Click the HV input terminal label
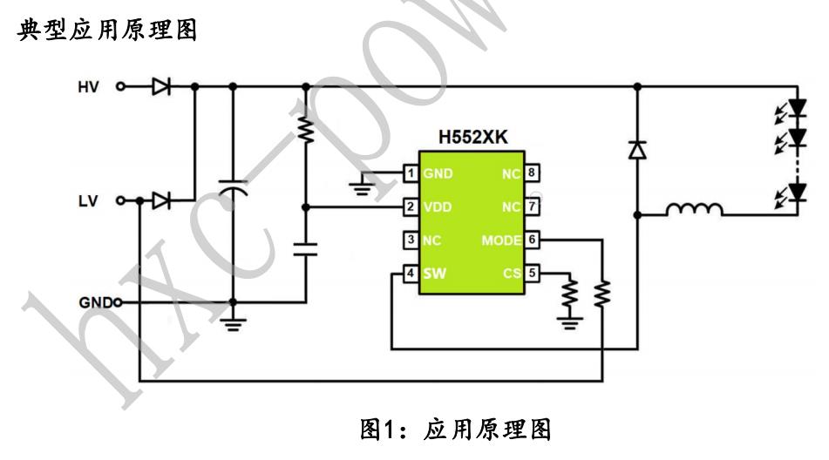click(89, 86)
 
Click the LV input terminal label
click(89, 201)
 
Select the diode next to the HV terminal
click(160, 86)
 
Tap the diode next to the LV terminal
click(160, 201)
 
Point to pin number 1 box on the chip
click(409, 173)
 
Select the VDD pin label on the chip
click(438, 207)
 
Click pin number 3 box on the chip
click(409, 240)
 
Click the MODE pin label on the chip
click(502, 240)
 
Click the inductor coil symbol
click(694, 210)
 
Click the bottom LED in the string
click(795, 191)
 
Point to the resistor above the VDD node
click(305, 132)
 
